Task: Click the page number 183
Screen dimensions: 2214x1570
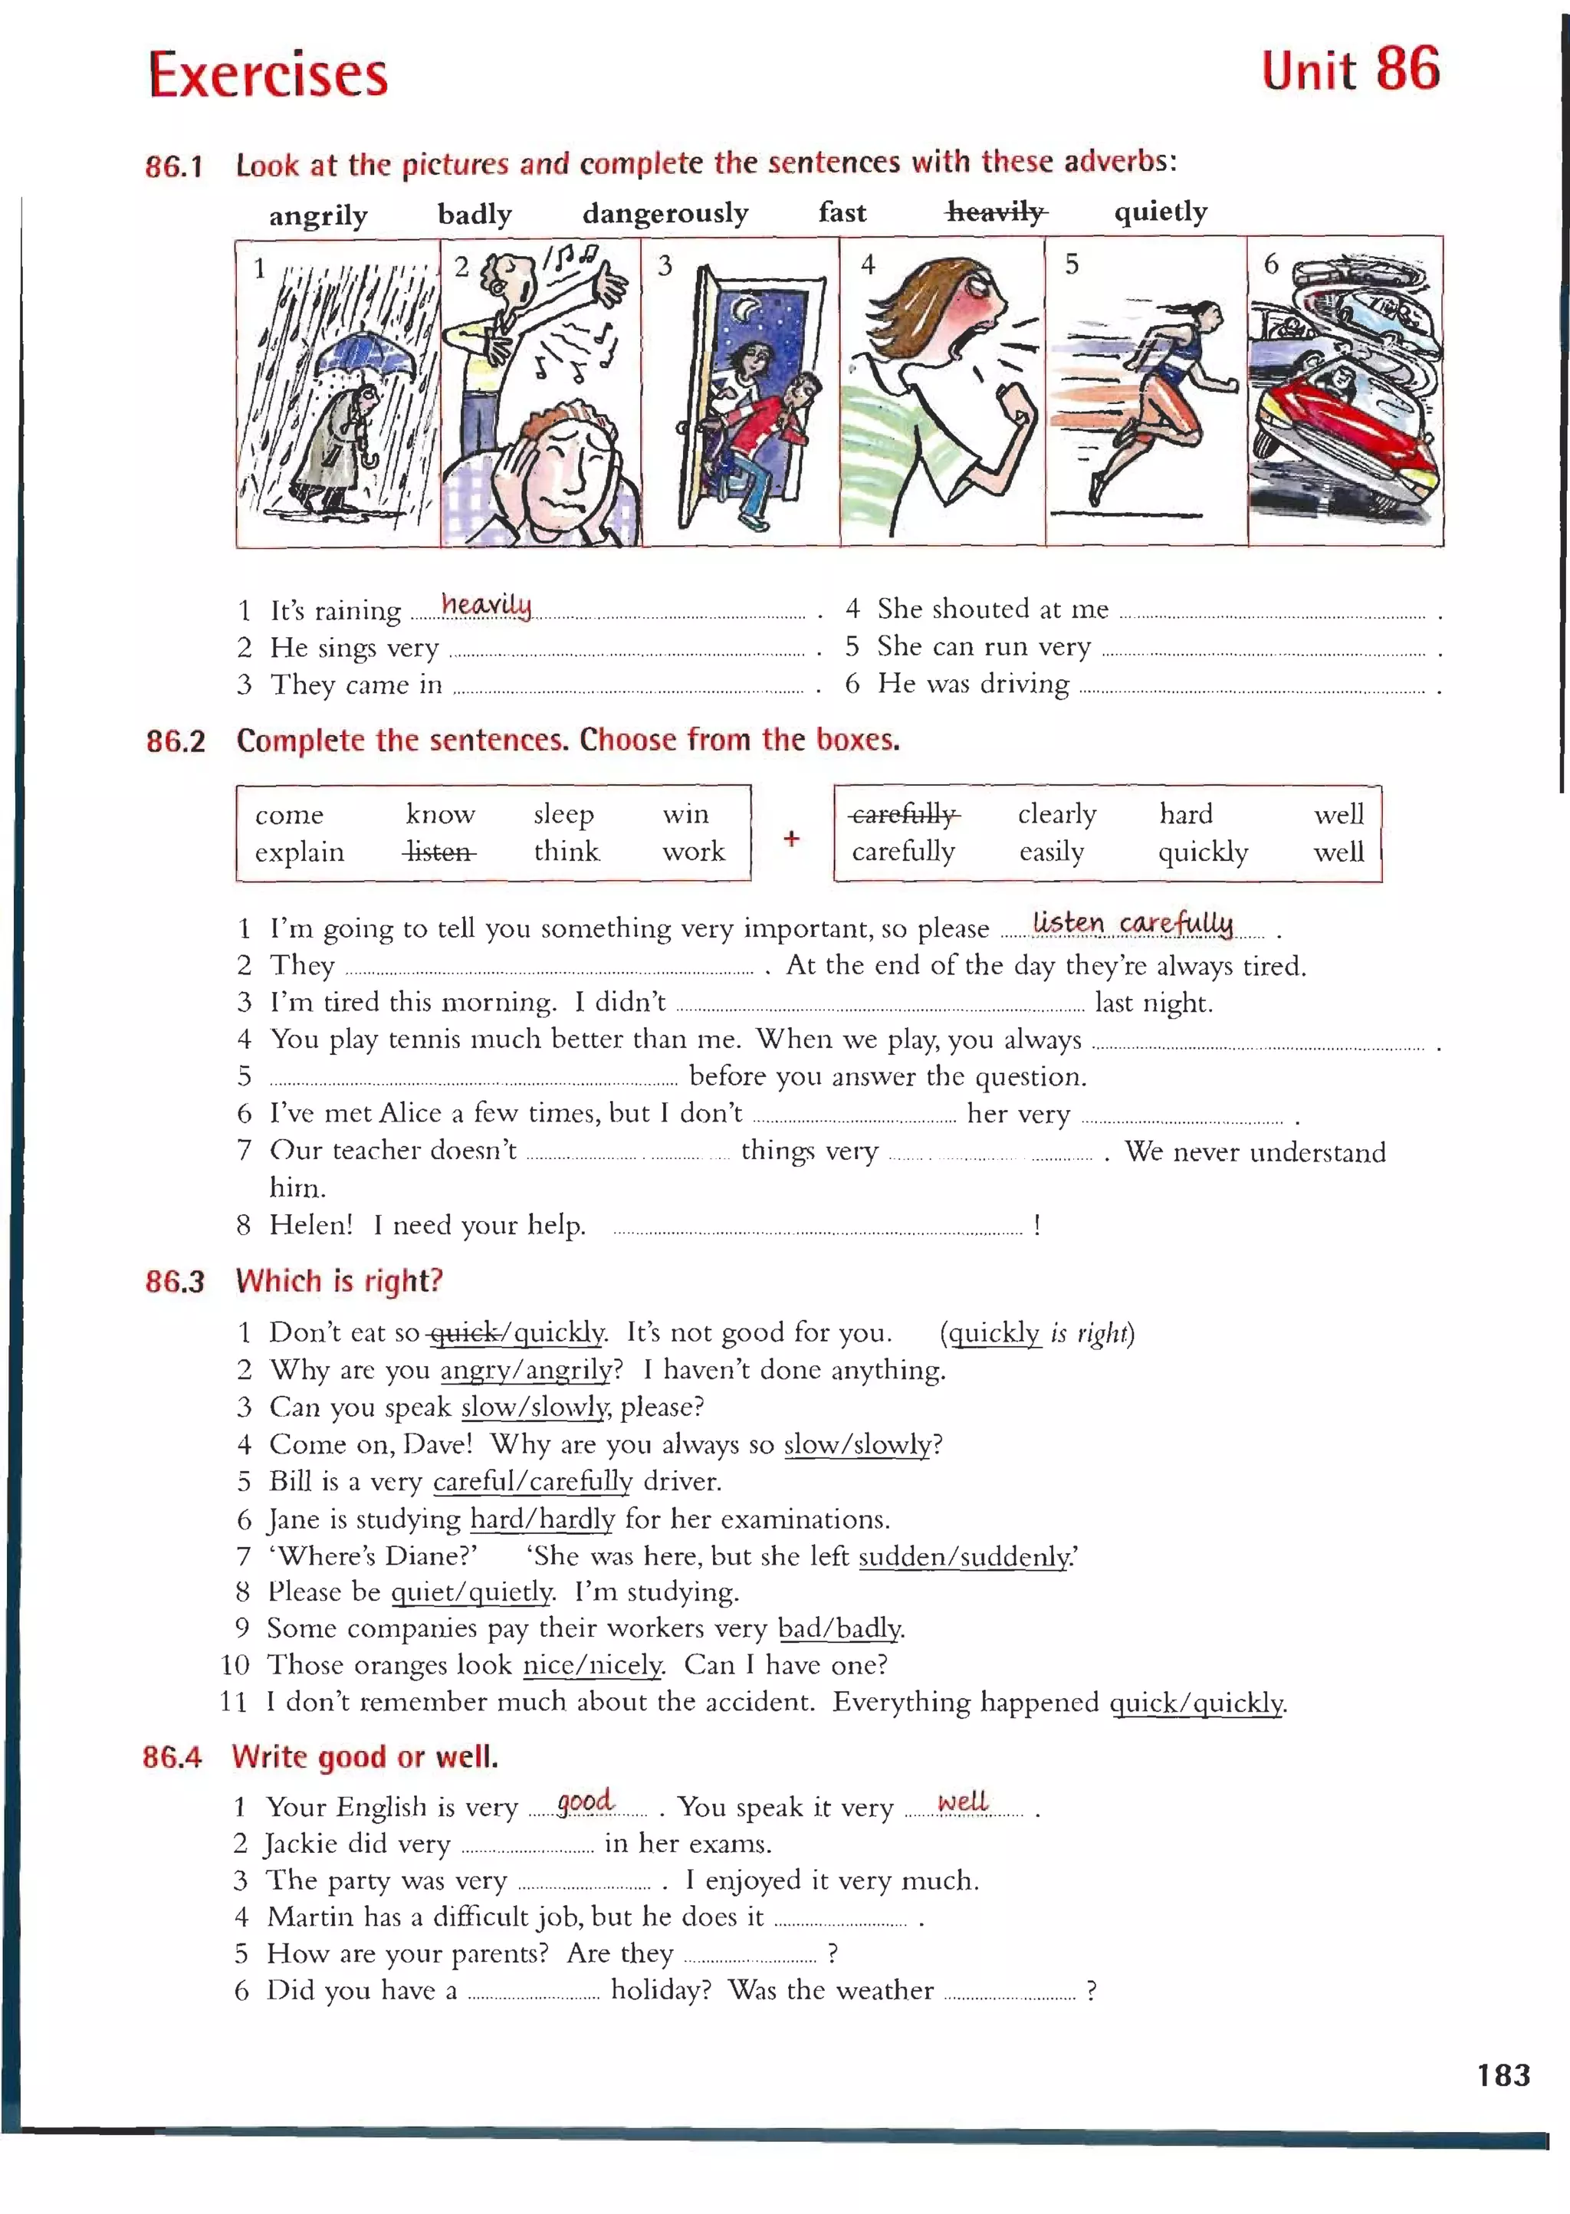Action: (x=1503, y=2074)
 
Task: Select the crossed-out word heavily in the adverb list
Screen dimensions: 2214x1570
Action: (x=997, y=212)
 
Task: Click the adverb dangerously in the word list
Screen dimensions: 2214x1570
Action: (x=665, y=212)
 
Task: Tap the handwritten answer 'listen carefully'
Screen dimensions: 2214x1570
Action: (x=1132, y=922)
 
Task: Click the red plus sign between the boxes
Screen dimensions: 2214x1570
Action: (x=791, y=837)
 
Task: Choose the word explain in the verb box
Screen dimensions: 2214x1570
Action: (x=299, y=852)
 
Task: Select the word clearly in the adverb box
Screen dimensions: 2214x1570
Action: (x=1056, y=814)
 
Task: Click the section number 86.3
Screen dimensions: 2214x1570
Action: (x=175, y=1281)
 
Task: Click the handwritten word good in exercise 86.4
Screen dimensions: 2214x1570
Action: (x=585, y=1801)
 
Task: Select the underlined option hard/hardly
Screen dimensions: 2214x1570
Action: (x=541, y=1519)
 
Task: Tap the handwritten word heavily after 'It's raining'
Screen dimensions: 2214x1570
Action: (x=486, y=604)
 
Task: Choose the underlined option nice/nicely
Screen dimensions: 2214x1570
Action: (x=592, y=1665)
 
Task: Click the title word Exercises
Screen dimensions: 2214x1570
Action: (x=268, y=74)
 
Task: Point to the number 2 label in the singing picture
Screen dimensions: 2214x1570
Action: (x=462, y=267)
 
